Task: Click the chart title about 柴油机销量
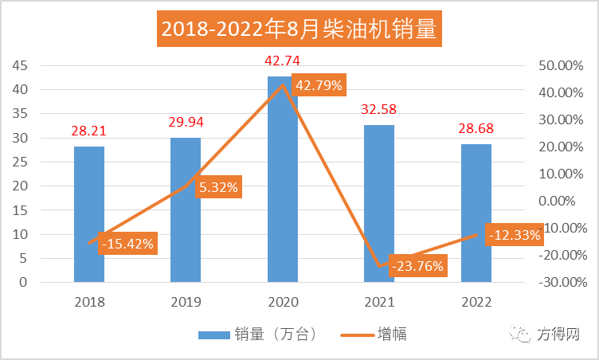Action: point(299,29)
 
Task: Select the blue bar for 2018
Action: point(89,215)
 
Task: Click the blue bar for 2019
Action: point(186,210)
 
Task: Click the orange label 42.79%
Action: point(319,85)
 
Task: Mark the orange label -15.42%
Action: point(127,243)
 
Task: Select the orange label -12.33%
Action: point(514,235)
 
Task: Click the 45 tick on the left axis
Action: point(20,65)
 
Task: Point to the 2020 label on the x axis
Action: point(283,302)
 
